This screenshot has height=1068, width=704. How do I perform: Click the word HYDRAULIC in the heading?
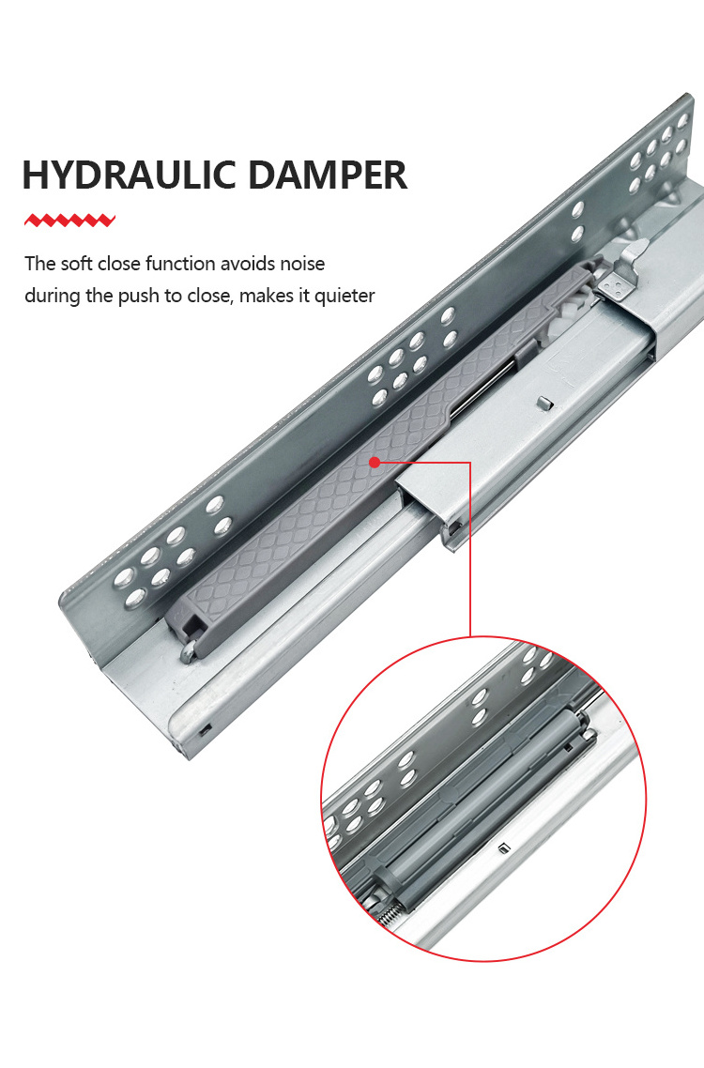[130, 175]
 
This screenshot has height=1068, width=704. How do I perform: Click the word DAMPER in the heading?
[328, 175]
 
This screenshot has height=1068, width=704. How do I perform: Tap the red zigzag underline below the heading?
[69, 220]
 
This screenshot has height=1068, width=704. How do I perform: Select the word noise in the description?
[300, 264]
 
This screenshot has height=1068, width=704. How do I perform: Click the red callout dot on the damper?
[375, 463]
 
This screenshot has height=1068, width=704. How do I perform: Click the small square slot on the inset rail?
[504, 847]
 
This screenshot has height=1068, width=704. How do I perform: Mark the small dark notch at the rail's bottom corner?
[206, 729]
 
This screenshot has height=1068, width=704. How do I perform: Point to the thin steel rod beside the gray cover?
[482, 389]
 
